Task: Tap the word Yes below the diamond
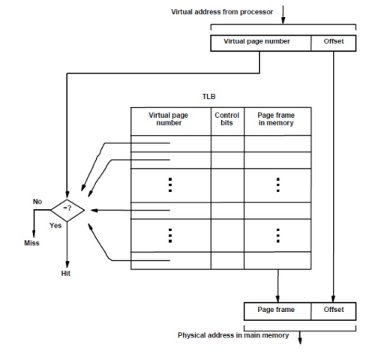tap(55, 226)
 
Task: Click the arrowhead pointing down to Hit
tap(67, 263)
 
